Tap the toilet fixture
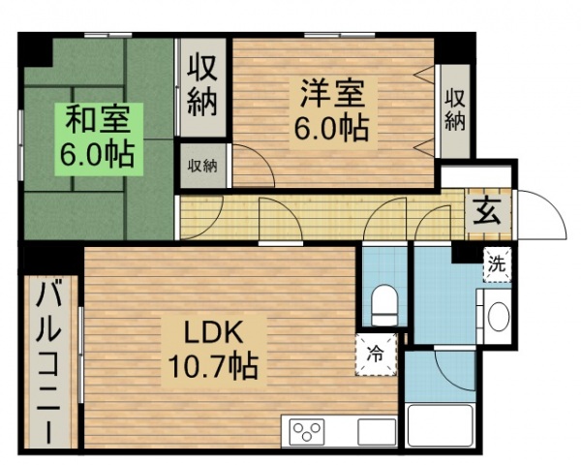[385, 305]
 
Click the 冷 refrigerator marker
[374, 353]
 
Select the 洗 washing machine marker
[496, 263]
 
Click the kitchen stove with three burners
[310, 429]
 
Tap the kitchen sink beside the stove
[376, 429]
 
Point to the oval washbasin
[497, 317]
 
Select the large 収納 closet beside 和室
[201, 87]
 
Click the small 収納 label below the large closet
[201, 165]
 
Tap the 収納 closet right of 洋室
[455, 108]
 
